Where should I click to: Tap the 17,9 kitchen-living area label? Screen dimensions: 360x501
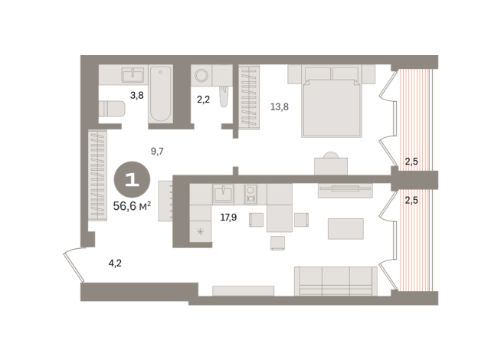click(228, 217)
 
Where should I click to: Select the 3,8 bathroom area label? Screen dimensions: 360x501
click(137, 96)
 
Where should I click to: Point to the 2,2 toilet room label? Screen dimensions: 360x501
click(203, 99)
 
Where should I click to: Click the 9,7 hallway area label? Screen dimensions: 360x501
click(158, 152)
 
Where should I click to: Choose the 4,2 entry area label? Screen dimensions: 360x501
click(115, 263)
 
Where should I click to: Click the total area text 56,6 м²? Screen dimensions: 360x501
click(132, 205)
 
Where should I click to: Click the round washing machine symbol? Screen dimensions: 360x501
click(202, 75)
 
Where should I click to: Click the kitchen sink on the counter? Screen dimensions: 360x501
click(223, 192)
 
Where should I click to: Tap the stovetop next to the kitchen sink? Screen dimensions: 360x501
click(250, 193)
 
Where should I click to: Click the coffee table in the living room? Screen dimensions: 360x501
click(345, 228)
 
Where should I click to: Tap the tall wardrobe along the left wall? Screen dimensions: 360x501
click(98, 176)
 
